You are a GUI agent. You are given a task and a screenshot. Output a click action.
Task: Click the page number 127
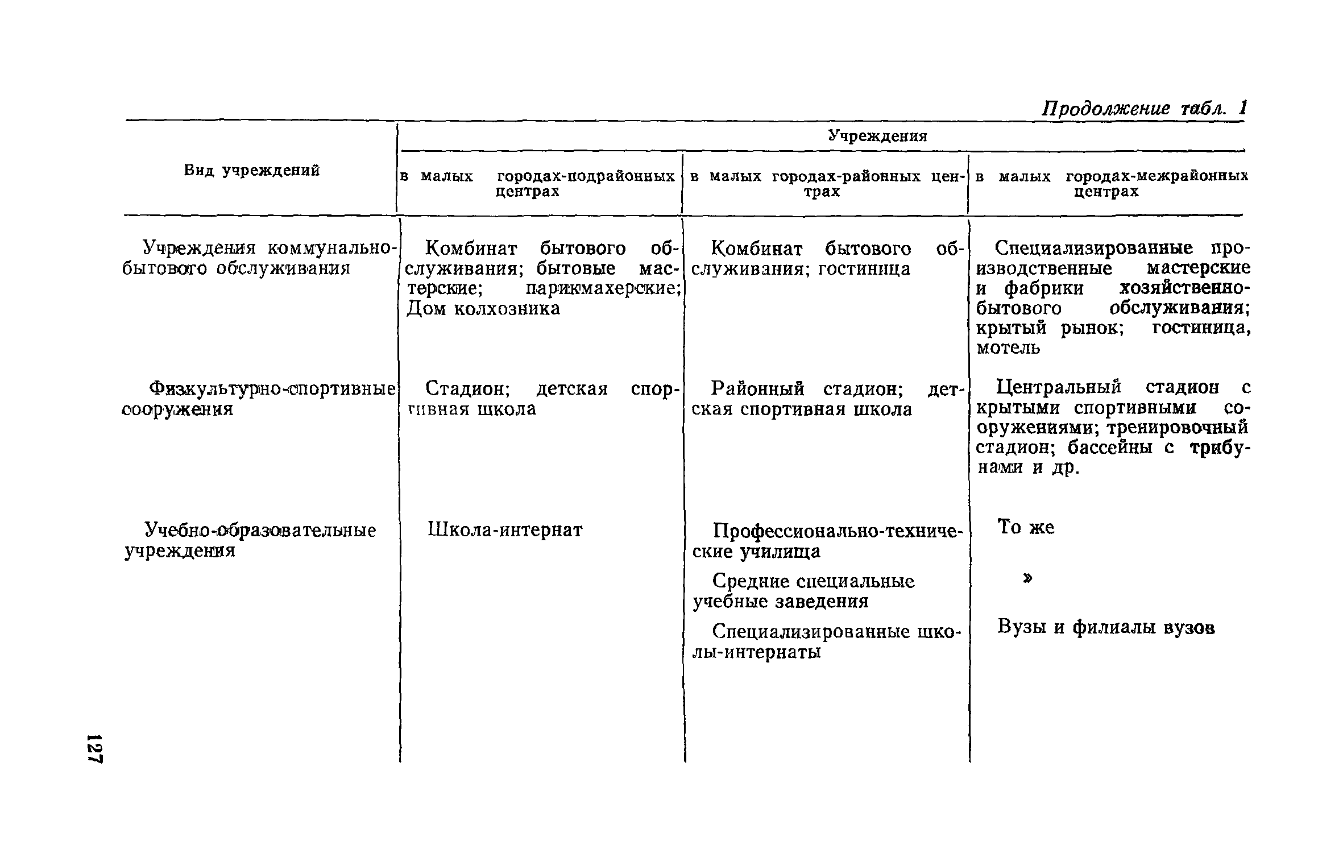tap(95, 749)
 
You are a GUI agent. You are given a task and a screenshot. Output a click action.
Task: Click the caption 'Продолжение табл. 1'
tap(1143, 107)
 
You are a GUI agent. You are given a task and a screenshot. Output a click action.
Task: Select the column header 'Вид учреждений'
tap(251, 171)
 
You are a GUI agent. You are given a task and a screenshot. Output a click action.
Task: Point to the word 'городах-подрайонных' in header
tap(585, 176)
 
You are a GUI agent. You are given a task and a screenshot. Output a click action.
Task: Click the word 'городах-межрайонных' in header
tap(1157, 176)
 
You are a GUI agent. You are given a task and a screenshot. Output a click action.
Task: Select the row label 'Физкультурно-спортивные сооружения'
tap(259, 398)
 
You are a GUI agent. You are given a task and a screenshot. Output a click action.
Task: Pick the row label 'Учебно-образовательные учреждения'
tap(250, 540)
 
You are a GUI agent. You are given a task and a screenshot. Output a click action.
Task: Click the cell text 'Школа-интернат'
tap(505, 530)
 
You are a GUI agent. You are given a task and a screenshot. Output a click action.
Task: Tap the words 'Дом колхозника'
tap(483, 309)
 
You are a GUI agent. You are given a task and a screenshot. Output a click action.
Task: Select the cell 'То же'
tap(1026, 528)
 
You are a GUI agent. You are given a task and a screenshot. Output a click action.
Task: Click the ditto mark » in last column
tap(1027, 578)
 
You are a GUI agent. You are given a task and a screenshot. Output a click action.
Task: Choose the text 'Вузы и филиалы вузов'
tap(1106, 628)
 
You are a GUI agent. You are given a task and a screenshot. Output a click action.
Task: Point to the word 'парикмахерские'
tap(603, 289)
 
